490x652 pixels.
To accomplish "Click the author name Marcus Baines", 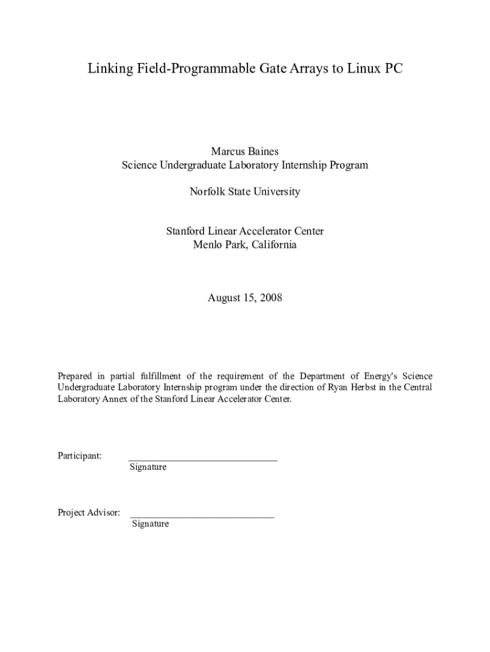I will (245, 152).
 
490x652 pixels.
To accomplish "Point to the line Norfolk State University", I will (245, 192).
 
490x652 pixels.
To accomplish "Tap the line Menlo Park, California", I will (245, 244).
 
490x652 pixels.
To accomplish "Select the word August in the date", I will (225, 297).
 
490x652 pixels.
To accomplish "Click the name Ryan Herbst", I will (349, 388).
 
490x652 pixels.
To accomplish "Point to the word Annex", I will (116, 399).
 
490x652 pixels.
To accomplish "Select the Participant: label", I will (80, 456).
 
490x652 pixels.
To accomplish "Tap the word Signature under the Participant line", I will (148, 467).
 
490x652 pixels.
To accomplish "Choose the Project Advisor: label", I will (88, 513).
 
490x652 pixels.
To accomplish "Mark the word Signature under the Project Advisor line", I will (151, 524).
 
